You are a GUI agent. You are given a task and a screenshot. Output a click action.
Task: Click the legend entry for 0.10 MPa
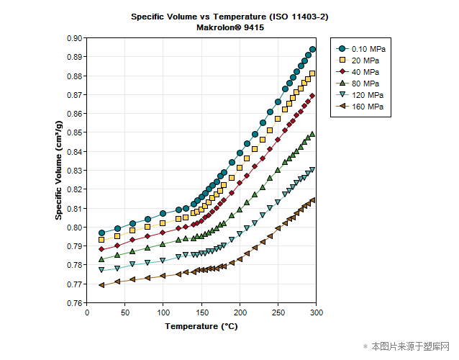[x=364, y=48]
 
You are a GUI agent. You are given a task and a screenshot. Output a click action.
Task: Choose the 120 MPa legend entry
[x=363, y=94]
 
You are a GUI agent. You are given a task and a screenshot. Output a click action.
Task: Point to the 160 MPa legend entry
[x=363, y=106]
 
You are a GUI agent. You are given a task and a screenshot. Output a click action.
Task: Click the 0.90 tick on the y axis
[x=73, y=38]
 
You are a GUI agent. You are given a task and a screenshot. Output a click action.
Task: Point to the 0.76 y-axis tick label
[x=73, y=303]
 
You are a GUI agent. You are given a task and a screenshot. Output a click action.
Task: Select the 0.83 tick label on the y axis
[x=73, y=171]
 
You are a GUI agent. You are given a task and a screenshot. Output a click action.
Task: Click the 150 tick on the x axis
[x=201, y=312]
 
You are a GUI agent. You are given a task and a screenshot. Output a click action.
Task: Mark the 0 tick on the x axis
[x=87, y=312]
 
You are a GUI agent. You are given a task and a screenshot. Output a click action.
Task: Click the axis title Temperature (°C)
[x=201, y=326]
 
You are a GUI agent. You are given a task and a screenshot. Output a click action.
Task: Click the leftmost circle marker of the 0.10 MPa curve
[x=102, y=233]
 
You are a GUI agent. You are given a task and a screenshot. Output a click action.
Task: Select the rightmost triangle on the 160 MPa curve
[x=313, y=200]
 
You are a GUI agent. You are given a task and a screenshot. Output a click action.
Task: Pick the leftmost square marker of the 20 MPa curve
[x=102, y=240]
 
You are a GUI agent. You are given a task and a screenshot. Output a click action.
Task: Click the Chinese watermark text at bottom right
[x=409, y=346]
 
